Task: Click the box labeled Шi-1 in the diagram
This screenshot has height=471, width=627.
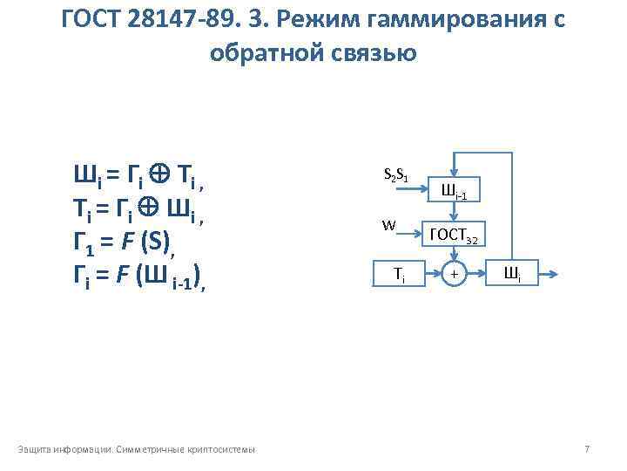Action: [454, 193]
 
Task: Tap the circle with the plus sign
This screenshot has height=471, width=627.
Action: [454, 274]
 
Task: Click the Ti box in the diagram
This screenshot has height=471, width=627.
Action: [399, 274]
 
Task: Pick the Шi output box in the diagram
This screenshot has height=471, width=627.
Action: [513, 274]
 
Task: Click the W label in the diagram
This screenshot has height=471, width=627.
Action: [388, 224]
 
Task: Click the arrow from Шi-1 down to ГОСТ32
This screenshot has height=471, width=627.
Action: [454, 212]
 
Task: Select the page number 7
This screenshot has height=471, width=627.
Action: [587, 449]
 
